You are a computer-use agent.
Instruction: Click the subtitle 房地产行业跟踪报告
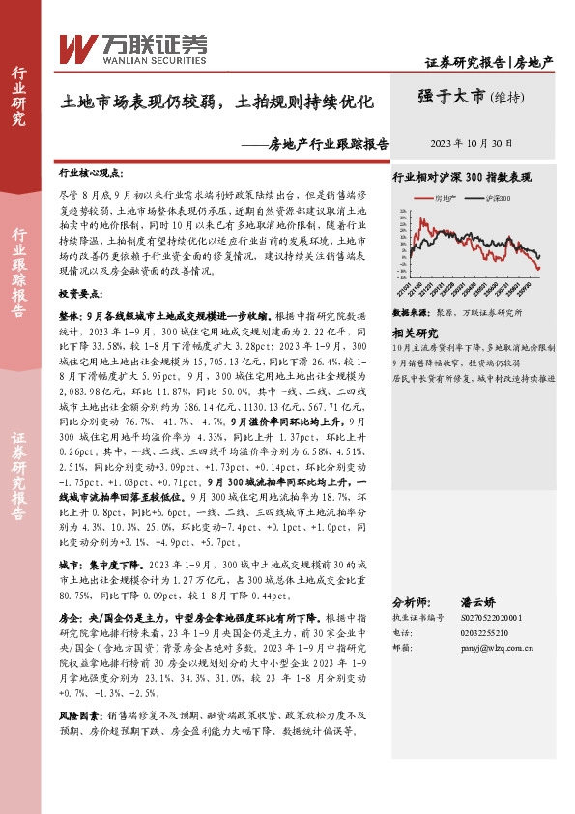tap(329, 143)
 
